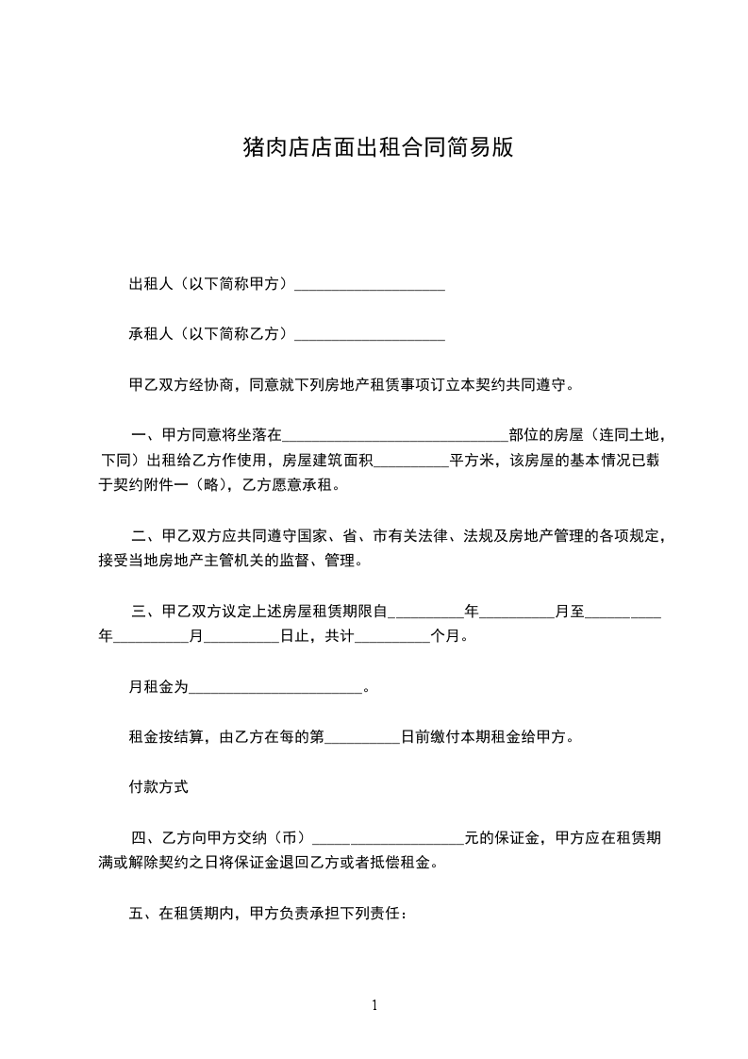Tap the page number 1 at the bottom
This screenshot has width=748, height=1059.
click(x=374, y=1005)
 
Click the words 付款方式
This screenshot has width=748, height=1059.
click(x=159, y=786)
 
